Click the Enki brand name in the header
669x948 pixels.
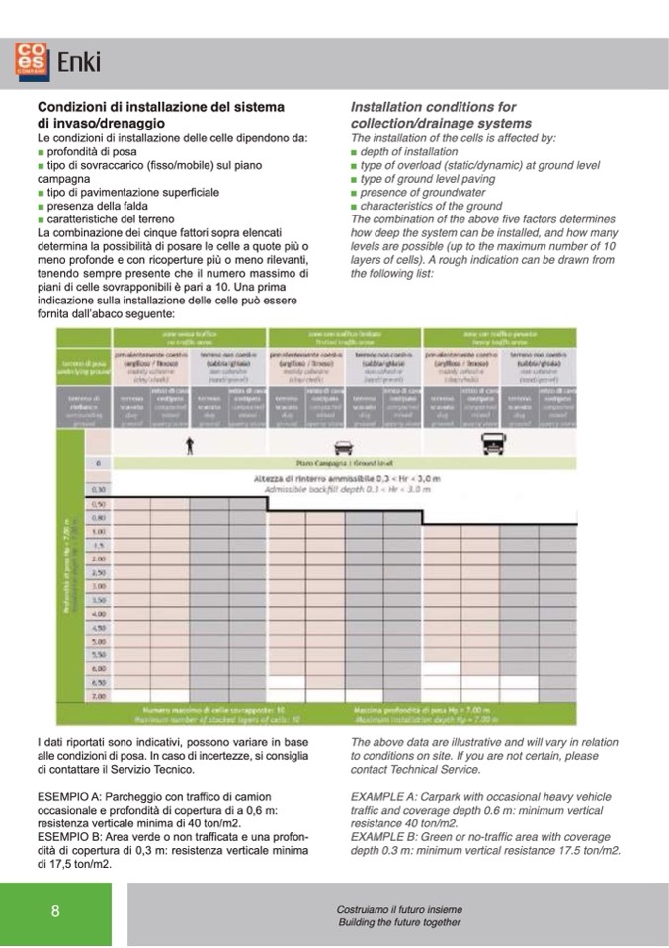point(78,62)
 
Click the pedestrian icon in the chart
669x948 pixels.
point(188,446)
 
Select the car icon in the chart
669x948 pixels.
point(343,446)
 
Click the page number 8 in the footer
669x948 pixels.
point(55,911)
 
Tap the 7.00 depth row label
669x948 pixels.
point(99,696)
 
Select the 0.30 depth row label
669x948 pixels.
point(99,489)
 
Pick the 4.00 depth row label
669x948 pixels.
point(99,614)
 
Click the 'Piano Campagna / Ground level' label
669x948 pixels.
point(344,462)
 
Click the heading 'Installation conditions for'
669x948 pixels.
point(433,107)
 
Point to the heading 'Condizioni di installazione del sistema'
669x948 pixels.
point(161,107)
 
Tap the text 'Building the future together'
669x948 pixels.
point(399,922)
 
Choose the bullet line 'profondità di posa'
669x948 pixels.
point(91,152)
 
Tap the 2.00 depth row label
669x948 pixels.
point(99,559)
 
